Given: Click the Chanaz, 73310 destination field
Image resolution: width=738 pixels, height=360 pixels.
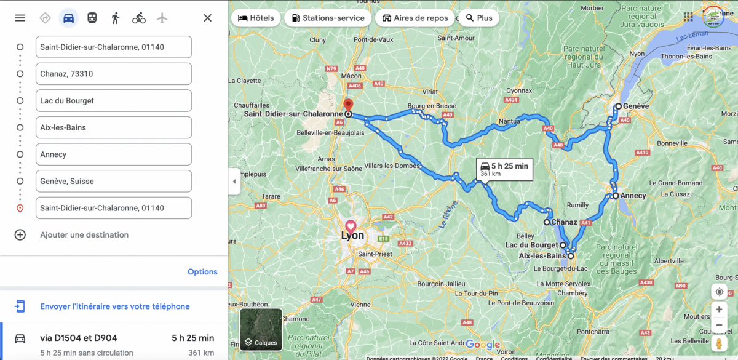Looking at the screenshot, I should click(114, 74).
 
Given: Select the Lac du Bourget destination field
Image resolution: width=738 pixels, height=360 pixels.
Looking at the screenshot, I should click(114, 101).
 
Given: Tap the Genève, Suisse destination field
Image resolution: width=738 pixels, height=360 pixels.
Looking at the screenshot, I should click(114, 182).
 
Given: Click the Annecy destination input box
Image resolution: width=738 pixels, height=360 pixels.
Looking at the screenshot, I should click(114, 154).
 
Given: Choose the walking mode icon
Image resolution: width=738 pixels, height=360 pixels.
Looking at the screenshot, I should click(115, 18).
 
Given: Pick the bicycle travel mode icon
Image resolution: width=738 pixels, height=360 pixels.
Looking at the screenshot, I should click(139, 18).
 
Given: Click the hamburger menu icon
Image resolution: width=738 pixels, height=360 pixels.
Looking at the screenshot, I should click(20, 18).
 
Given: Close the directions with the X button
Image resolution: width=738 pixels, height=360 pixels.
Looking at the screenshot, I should click(207, 18).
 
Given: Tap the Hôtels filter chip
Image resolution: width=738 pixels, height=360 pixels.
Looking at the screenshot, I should click(256, 18).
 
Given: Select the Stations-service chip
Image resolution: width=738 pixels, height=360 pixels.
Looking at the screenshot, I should click(328, 18).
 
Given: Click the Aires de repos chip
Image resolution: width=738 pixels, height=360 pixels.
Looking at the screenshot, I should click(415, 18).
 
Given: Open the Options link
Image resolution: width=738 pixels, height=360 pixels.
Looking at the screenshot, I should click(202, 272).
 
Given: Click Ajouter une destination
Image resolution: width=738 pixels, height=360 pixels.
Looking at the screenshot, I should click(84, 235).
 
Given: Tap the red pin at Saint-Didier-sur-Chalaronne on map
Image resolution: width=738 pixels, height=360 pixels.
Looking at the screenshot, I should click(347, 105).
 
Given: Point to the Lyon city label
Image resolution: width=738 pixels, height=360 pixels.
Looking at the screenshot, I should click(353, 236).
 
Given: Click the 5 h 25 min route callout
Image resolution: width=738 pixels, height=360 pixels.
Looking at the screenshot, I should click(504, 169).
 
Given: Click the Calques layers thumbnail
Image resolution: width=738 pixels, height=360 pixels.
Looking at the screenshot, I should click(261, 329).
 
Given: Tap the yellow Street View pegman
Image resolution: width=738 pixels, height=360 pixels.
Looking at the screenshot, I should click(719, 343).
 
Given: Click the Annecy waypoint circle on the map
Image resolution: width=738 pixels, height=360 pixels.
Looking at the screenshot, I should click(615, 196).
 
